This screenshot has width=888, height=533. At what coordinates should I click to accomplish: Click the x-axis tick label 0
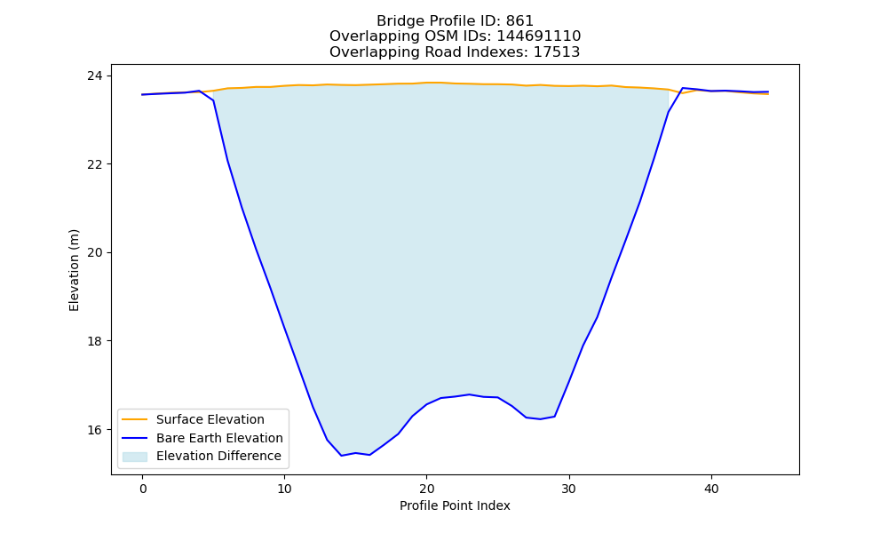tap(143, 489)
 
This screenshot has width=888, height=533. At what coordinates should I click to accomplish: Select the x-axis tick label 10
tap(285, 489)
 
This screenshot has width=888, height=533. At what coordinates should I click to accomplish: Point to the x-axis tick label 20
tap(427, 489)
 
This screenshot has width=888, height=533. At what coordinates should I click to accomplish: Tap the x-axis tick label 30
tap(569, 489)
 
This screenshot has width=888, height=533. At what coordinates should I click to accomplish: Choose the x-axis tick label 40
tap(711, 489)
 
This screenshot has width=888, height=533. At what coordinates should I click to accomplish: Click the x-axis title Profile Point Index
tap(455, 505)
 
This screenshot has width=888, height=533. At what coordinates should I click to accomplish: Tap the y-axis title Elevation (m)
tap(74, 270)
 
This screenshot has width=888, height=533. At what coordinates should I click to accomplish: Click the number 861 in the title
tap(519, 21)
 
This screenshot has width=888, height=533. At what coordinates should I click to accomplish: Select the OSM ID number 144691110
tap(539, 36)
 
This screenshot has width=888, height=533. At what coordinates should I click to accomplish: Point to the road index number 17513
tap(557, 52)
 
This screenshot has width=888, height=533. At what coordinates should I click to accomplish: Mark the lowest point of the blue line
tap(342, 456)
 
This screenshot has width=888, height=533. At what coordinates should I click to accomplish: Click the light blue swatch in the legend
tap(135, 457)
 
